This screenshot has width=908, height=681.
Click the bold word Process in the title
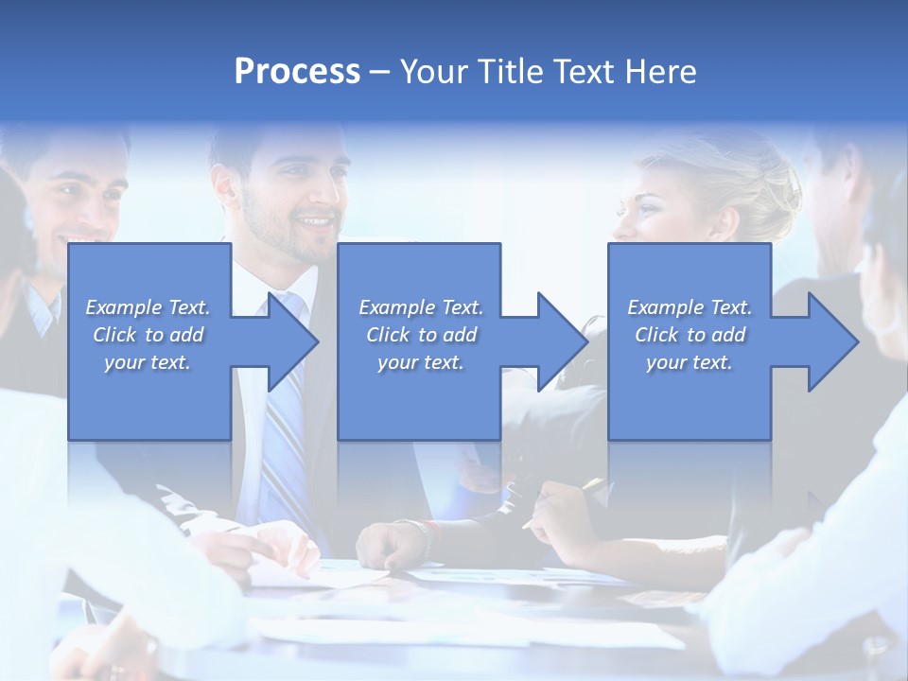click(297, 72)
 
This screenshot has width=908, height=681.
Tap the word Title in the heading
click(511, 72)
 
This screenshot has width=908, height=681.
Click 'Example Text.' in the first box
click(148, 307)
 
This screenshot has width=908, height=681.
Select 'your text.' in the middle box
click(420, 362)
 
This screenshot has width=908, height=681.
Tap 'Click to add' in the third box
click(690, 335)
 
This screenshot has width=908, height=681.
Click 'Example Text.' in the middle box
click(420, 307)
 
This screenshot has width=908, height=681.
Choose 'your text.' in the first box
click(148, 362)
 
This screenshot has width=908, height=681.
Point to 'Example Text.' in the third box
click(690, 307)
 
